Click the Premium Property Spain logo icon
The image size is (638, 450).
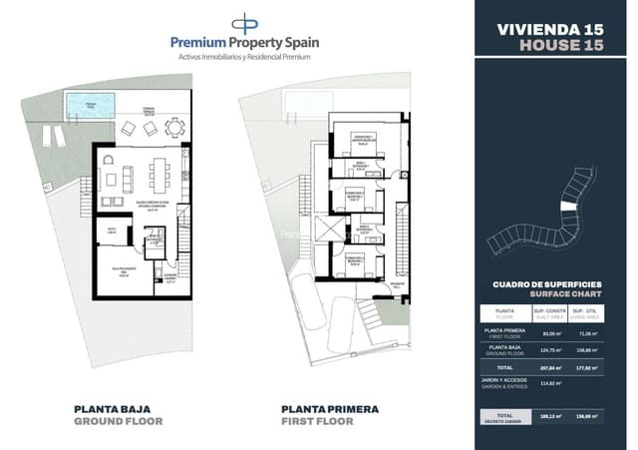(243, 23)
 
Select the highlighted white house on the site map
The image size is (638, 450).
(569, 205)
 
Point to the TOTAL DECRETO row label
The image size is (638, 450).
(505, 417)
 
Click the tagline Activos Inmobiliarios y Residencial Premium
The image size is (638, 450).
(244, 57)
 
